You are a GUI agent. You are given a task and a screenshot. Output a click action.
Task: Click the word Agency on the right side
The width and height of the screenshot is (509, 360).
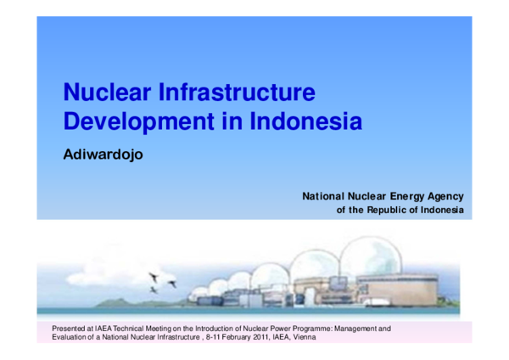(x=443, y=196)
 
